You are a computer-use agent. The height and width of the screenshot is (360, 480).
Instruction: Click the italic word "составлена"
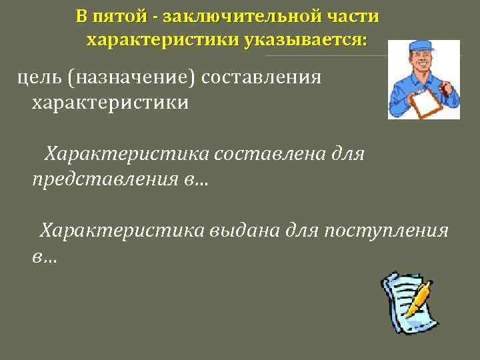pyautogui.click(x=269, y=155)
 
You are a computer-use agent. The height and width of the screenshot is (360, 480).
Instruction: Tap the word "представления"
pyautogui.click(x=104, y=180)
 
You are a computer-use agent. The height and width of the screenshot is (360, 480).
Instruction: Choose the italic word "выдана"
pyautogui.click(x=244, y=231)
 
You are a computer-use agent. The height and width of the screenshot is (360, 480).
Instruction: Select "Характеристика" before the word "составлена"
pyautogui.click(x=127, y=155)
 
